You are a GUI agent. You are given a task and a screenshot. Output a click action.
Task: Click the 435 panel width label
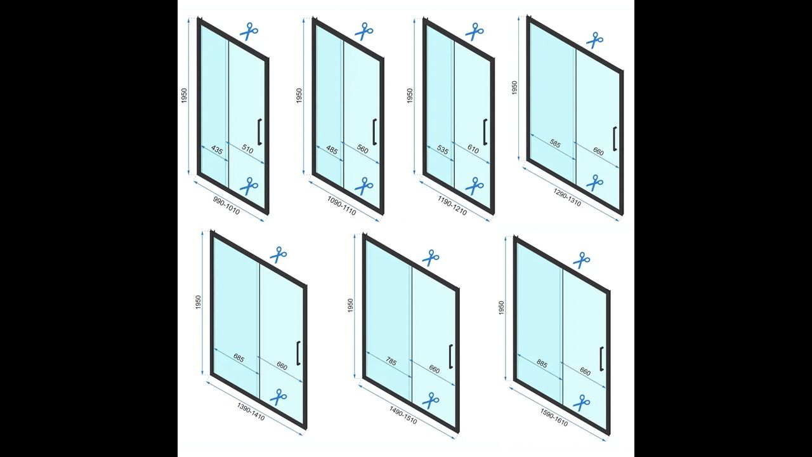click(217, 150)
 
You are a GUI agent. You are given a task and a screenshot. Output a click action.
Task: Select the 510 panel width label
click(247, 149)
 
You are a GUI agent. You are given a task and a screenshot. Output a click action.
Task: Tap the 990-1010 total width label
click(226, 206)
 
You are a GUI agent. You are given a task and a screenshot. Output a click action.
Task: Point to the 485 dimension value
click(332, 150)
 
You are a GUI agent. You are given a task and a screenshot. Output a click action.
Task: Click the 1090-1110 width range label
click(341, 206)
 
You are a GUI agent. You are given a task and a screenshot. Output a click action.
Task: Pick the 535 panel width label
click(443, 150)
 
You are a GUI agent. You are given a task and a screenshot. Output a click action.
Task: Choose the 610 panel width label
click(473, 149)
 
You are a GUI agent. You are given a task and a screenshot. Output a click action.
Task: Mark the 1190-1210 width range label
click(452, 206)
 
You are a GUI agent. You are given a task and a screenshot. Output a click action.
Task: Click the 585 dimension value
click(554, 144)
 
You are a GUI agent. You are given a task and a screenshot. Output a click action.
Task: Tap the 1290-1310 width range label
click(567, 197)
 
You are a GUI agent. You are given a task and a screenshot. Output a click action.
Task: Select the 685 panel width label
click(239, 358)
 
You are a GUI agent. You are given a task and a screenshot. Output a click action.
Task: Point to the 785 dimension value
click(391, 362)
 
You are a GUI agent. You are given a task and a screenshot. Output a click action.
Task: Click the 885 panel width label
click(542, 364)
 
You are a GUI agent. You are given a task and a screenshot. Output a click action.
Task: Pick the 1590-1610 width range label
click(554, 418)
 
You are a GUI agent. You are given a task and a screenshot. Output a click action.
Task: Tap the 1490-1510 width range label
click(403, 415)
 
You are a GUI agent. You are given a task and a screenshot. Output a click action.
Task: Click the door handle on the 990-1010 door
click(259, 131)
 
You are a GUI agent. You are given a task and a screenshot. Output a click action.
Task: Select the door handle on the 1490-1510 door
click(450, 356)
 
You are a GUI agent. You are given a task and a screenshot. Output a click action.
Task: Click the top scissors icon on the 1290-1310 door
click(594, 40)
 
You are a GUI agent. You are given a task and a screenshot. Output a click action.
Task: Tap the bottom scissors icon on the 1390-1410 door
click(278, 397)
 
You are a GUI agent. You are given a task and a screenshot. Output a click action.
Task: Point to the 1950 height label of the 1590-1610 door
click(501, 308)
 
